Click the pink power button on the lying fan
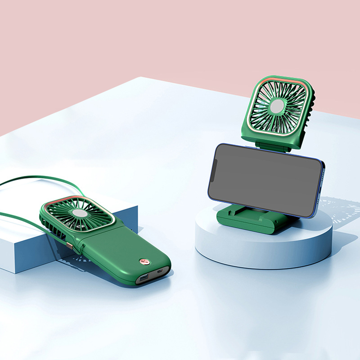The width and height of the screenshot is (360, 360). (143, 261)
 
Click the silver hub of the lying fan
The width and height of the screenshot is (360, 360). (81, 214)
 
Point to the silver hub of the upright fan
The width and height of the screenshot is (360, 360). (276, 106)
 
